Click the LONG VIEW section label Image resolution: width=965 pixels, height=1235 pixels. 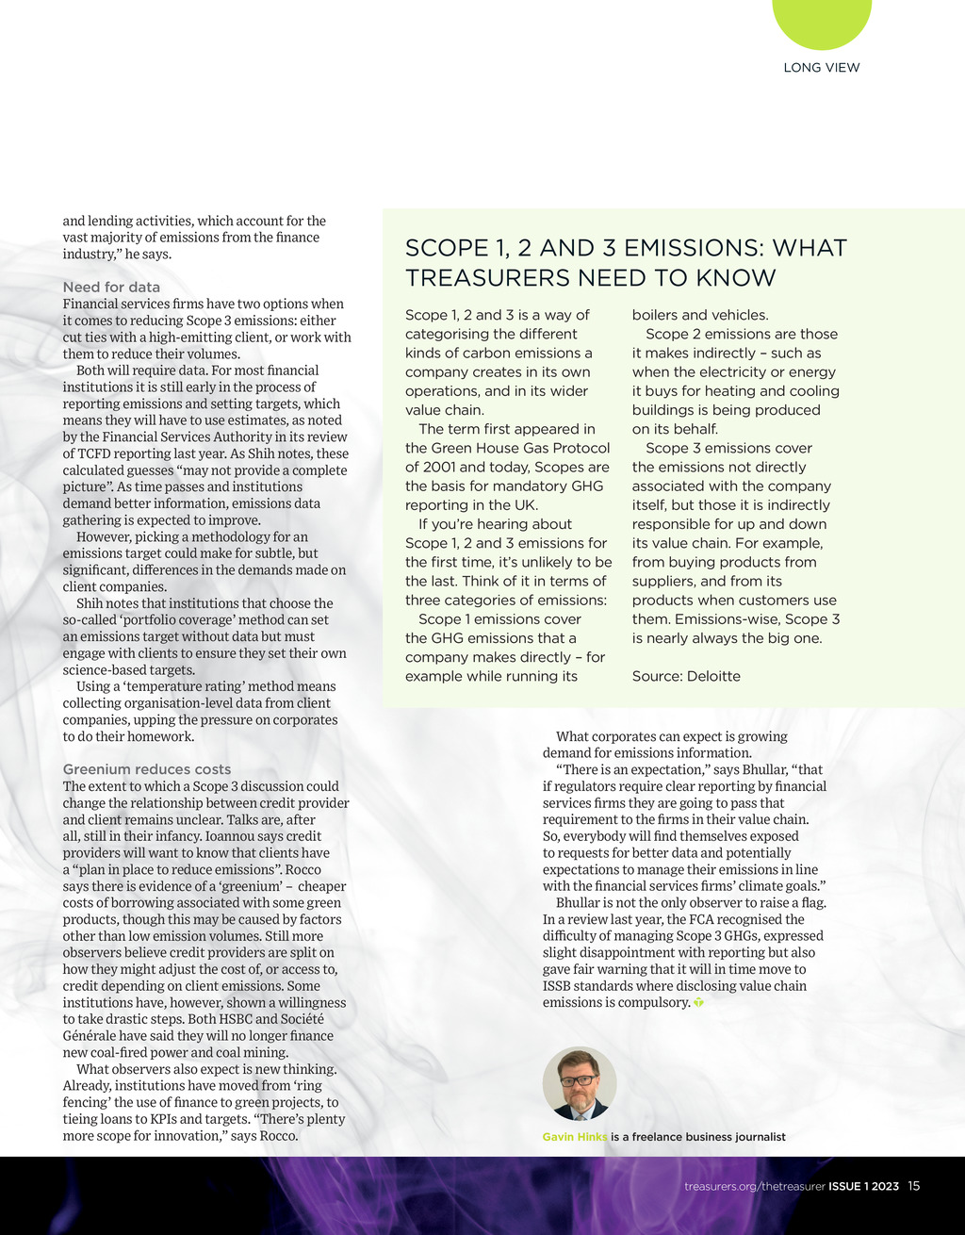point(822,68)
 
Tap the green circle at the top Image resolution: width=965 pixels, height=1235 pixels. point(822,19)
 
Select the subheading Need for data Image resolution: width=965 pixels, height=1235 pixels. point(111,287)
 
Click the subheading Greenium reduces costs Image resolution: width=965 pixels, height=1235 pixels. point(146,769)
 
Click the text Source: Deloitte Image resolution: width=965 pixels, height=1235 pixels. point(686,676)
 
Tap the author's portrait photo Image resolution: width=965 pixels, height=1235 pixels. point(580,1083)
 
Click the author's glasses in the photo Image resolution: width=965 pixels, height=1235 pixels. point(578,1079)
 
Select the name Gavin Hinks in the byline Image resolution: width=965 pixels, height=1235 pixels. point(575,1137)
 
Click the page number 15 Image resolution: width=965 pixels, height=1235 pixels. point(914,1186)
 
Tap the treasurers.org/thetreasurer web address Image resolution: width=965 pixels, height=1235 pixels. point(755,1186)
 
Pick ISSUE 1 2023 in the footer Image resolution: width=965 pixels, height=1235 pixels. point(863,1186)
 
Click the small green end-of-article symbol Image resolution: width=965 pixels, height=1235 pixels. point(698,1002)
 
